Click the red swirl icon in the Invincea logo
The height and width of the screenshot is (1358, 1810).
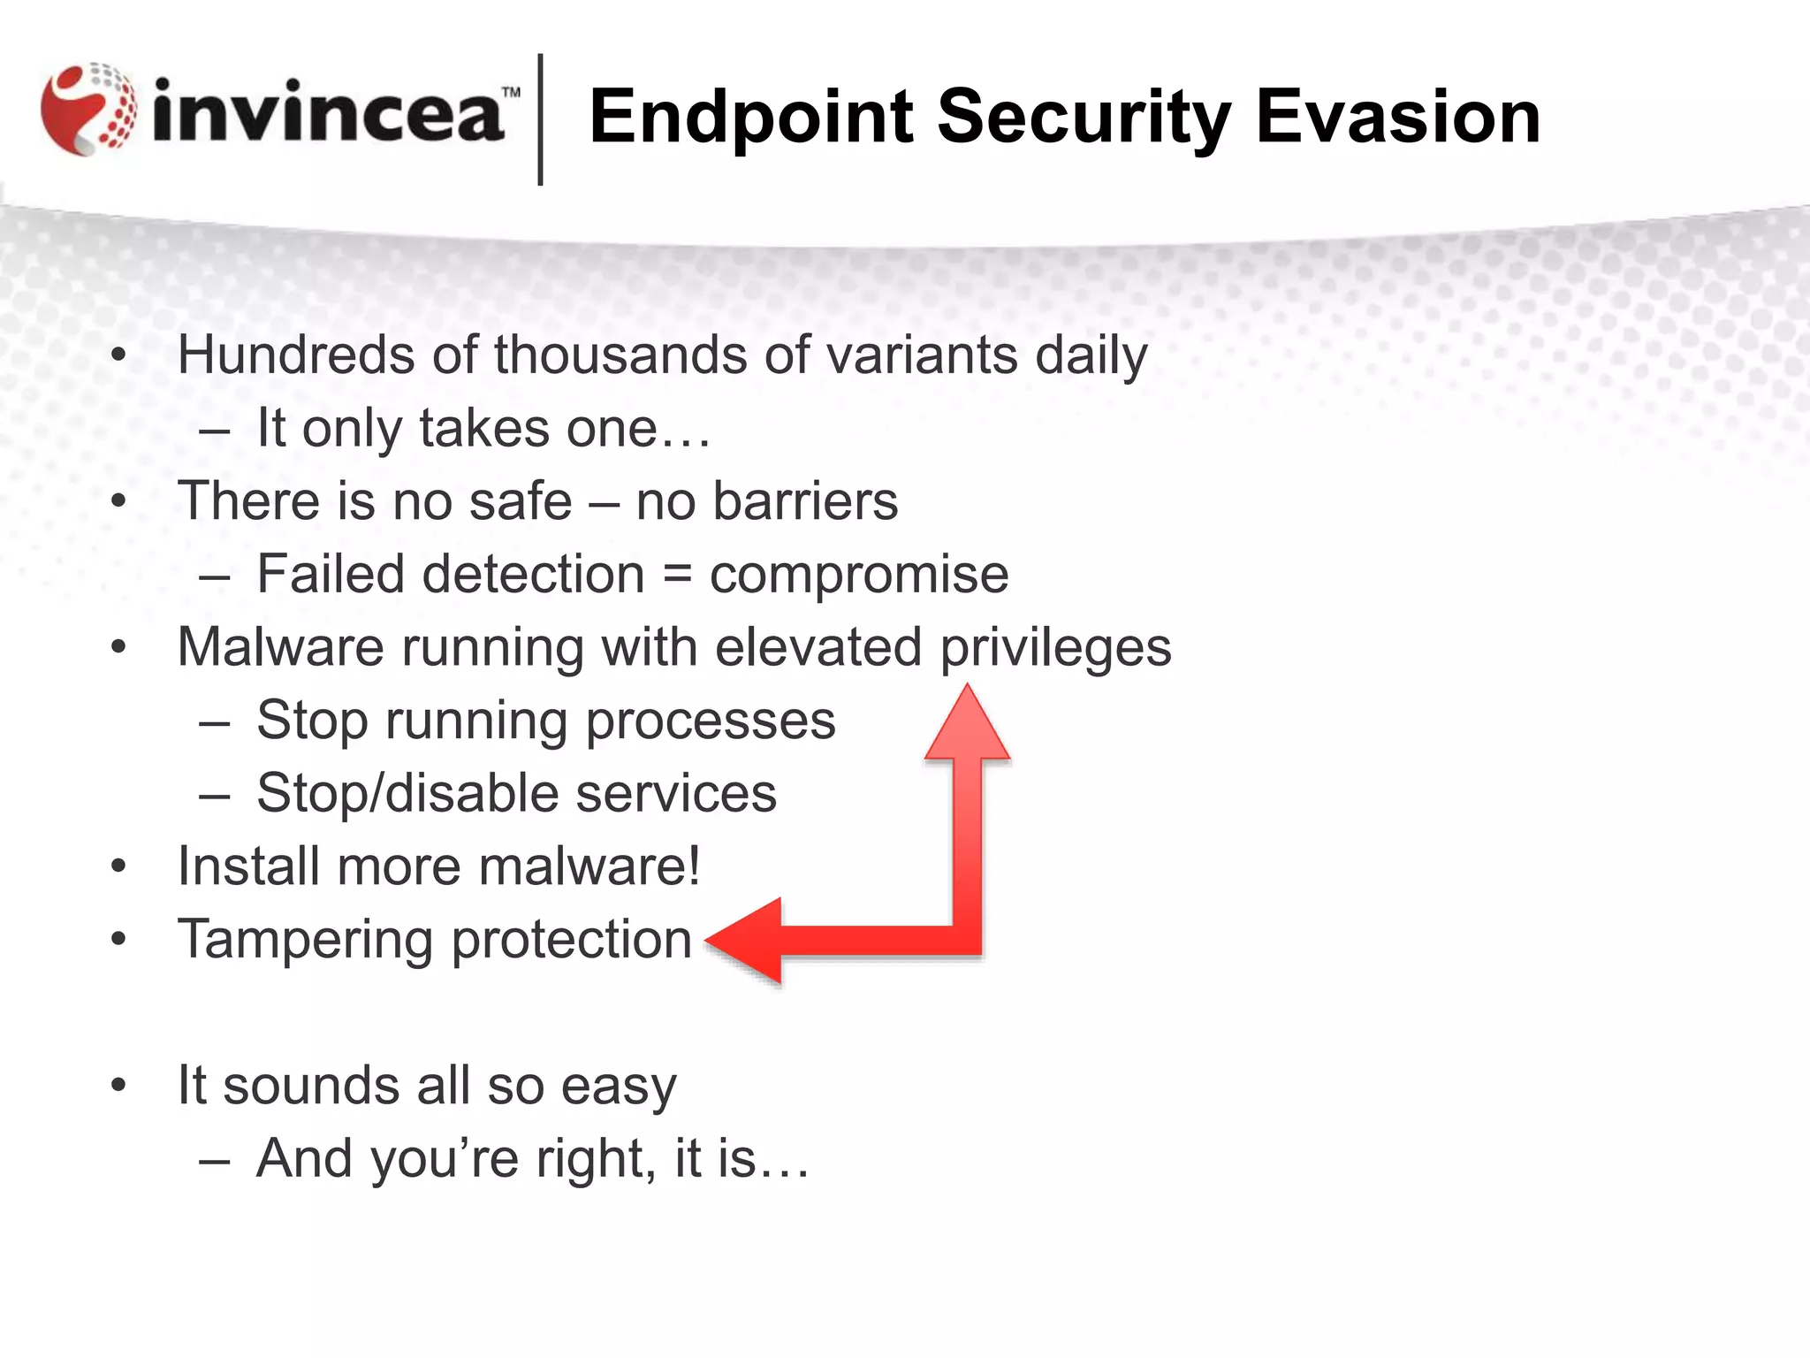point(88,110)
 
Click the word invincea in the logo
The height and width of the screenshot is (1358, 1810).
point(327,113)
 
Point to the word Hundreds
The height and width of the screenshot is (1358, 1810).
point(296,355)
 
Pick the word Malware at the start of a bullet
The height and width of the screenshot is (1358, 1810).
point(280,647)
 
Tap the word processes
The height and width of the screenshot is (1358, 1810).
point(711,721)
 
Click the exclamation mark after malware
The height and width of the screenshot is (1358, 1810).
point(693,865)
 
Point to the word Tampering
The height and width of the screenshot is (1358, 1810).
point(306,940)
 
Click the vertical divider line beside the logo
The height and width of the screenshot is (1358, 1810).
point(540,119)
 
